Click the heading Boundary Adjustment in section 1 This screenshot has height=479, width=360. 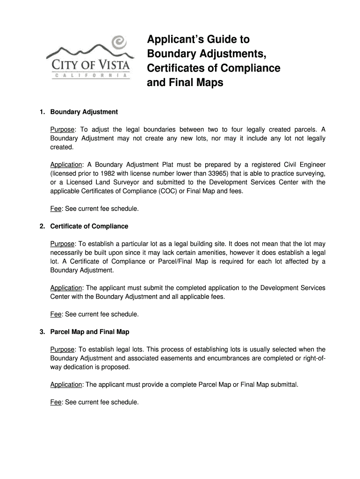tap(84, 112)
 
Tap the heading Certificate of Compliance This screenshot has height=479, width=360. tap(89, 226)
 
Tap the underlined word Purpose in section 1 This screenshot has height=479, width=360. tap(62, 130)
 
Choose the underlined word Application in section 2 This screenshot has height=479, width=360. tap(66, 288)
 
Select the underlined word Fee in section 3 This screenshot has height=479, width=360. tap(56, 402)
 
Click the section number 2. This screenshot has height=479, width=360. tap(42, 226)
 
